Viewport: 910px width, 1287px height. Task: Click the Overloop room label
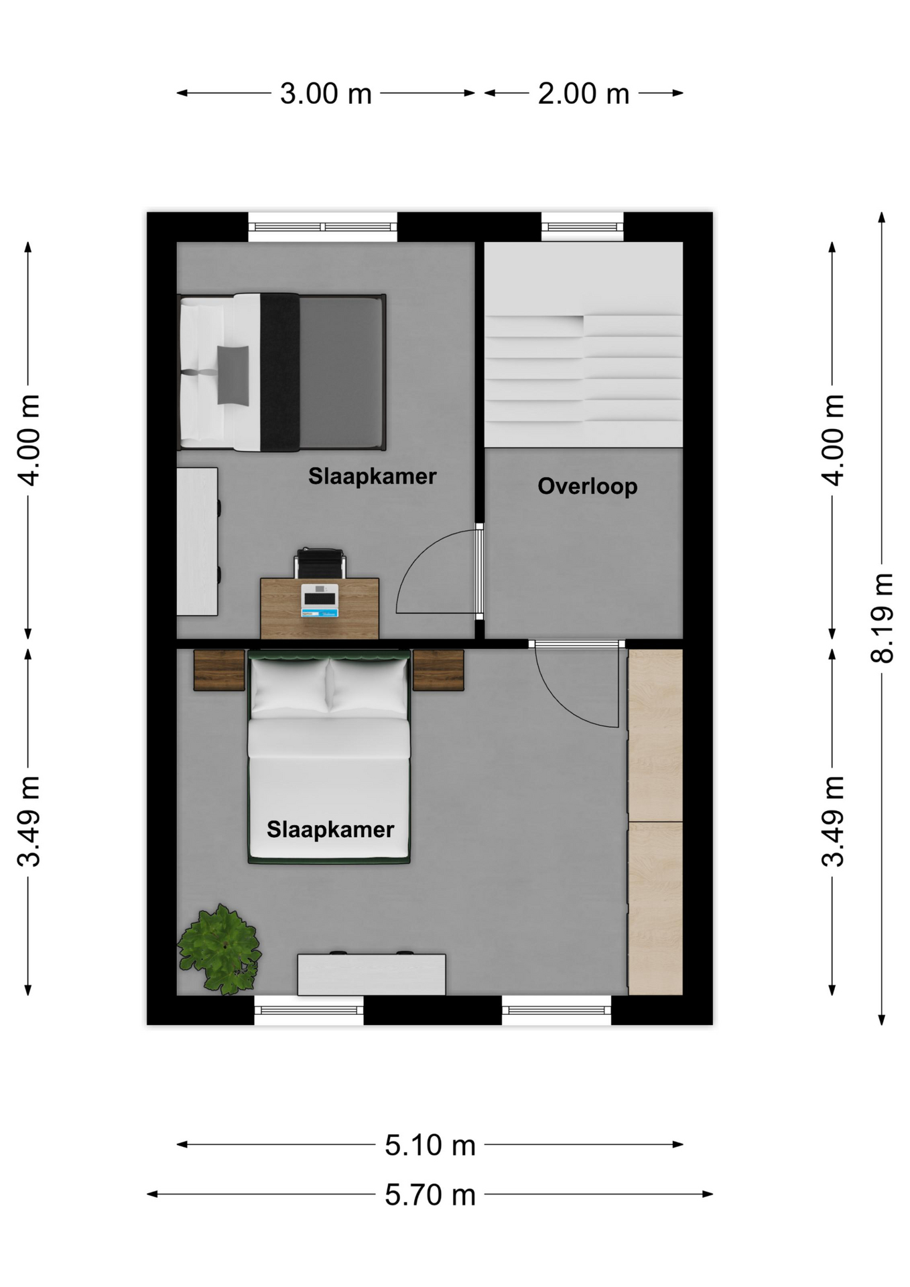[x=587, y=486]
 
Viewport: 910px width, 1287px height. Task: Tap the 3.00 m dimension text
[x=326, y=93]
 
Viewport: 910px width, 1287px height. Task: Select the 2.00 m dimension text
[x=584, y=93]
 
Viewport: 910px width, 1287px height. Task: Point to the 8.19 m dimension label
[x=882, y=617]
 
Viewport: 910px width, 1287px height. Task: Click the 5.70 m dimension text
[x=430, y=1194]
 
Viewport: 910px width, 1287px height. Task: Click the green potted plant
[x=219, y=948]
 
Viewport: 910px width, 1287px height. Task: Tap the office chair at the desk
[x=320, y=562]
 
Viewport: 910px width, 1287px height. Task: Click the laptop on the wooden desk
[x=320, y=600]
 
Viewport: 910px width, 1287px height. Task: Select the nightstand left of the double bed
[x=219, y=670]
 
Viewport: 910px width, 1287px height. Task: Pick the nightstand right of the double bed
[x=438, y=670]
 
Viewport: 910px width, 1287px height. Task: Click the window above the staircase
[x=582, y=227]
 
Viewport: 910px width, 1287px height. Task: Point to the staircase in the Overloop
[x=584, y=345]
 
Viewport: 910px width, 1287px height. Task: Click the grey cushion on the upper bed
[x=233, y=375]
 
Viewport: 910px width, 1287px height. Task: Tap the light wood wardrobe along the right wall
[x=655, y=822]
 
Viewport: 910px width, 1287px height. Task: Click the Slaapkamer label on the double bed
[x=330, y=829]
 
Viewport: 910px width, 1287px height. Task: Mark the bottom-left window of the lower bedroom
[x=309, y=1010]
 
